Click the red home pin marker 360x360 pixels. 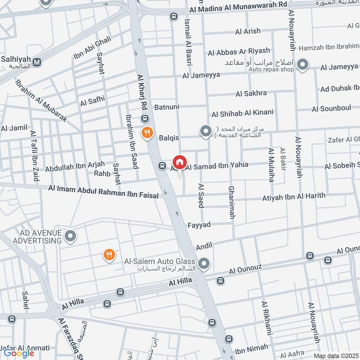(x=179, y=162)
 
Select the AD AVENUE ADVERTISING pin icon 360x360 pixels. (x=70, y=235)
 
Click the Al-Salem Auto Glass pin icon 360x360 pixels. (x=204, y=264)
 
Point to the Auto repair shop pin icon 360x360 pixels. (x=303, y=65)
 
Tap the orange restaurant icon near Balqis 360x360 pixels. (x=147, y=133)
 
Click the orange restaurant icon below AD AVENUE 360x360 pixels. (x=109, y=255)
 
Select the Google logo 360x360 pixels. (x=19, y=353)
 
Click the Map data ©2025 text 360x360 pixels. (x=335, y=356)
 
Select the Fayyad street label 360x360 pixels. (x=199, y=224)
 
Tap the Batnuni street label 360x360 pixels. (x=167, y=108)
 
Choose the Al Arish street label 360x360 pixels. (x=247, y=31)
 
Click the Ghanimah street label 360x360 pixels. (x=232, y=202)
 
